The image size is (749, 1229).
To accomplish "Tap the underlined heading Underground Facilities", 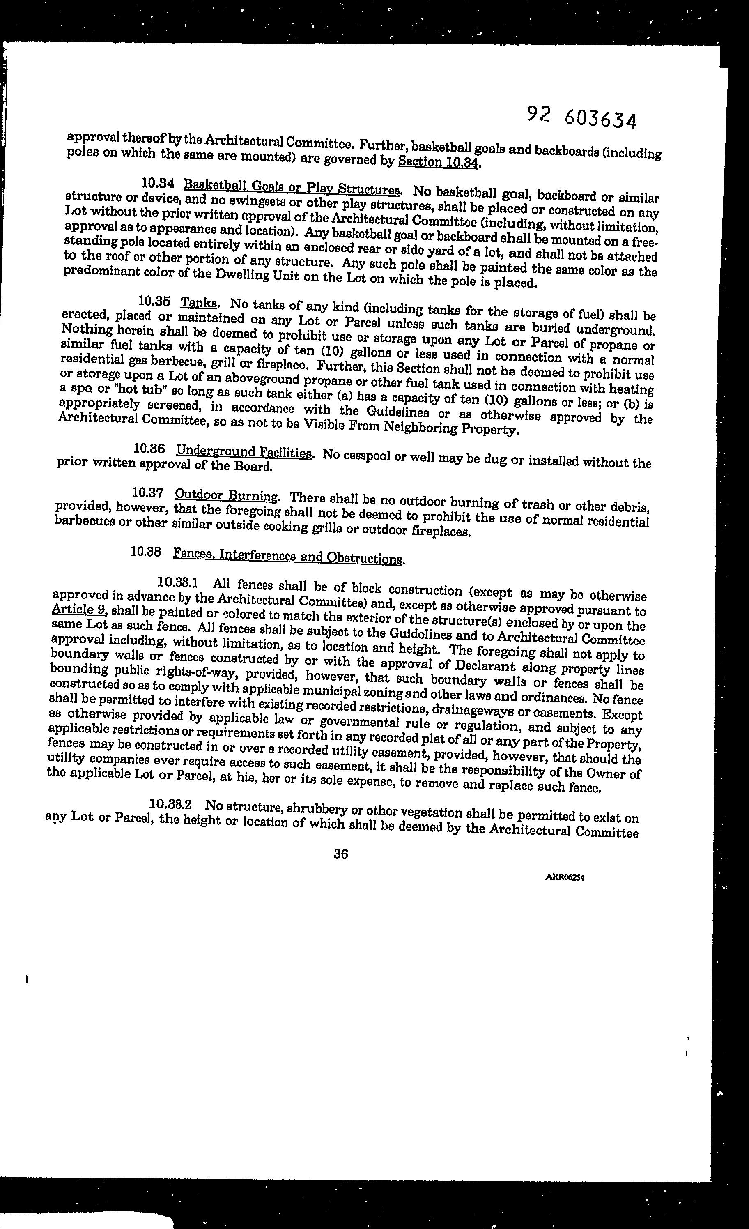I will [x=244, y=452].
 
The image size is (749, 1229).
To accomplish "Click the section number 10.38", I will [x=146, y=551].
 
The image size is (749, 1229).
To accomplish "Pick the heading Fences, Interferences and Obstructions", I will [x=288, y=556].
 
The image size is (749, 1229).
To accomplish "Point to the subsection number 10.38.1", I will [x=178, y=582].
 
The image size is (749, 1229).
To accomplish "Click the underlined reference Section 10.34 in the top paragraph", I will [x=438, y=162].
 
